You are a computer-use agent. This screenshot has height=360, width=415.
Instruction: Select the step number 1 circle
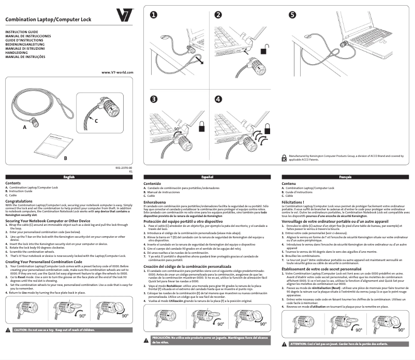click(x=154, y=15)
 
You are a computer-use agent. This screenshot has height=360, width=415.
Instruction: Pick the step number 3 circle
click(x=154, y=99)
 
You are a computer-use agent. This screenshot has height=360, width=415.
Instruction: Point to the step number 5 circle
click(x=293, y=15)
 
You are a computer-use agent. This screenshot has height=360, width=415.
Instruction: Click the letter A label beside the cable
click(x=24, y=126)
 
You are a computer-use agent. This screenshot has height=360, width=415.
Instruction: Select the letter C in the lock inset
click(x=96, y=120)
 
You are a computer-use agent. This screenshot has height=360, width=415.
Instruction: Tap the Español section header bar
click(x=207, y=177)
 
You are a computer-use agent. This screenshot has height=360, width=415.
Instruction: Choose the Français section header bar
click(x=345, y=177)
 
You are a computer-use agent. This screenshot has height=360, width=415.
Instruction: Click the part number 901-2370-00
click(x=124, y=167)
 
